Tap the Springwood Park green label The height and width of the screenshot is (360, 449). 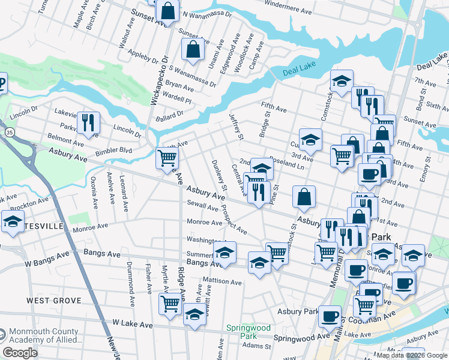click(248, 332)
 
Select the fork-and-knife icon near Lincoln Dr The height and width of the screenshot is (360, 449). click(88, 122)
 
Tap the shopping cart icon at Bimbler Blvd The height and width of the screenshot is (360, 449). click(167, 158)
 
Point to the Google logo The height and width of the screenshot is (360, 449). click(20, 353)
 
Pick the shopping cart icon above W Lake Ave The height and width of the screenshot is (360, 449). click(170, 303)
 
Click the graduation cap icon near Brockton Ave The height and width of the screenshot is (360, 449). click(12, 221)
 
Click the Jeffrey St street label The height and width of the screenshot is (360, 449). click(237, 125)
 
